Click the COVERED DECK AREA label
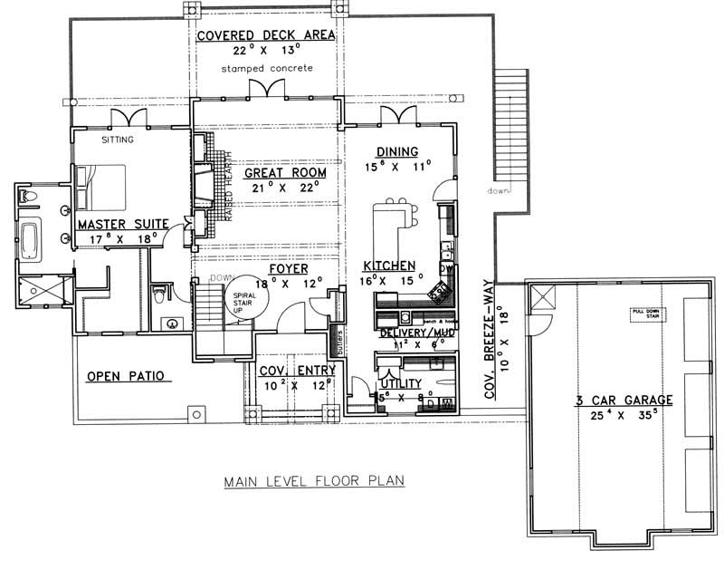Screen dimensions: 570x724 (267, 35)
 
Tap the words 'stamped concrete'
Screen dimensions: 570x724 (267, 69)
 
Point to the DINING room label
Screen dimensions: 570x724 (397, 151)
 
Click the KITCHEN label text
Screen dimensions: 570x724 (389, 266)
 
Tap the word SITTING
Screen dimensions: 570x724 (118, 140)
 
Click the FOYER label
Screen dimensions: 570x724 (287, 269)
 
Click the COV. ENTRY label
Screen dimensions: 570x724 (297, 371)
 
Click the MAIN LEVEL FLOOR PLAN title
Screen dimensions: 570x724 (315, 483)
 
